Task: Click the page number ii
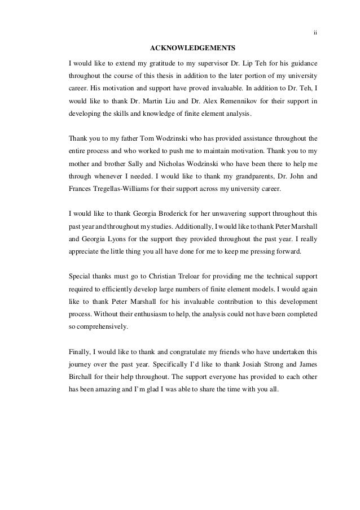click(x=315, y=32)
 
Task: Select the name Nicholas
click(x=192, y=164)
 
